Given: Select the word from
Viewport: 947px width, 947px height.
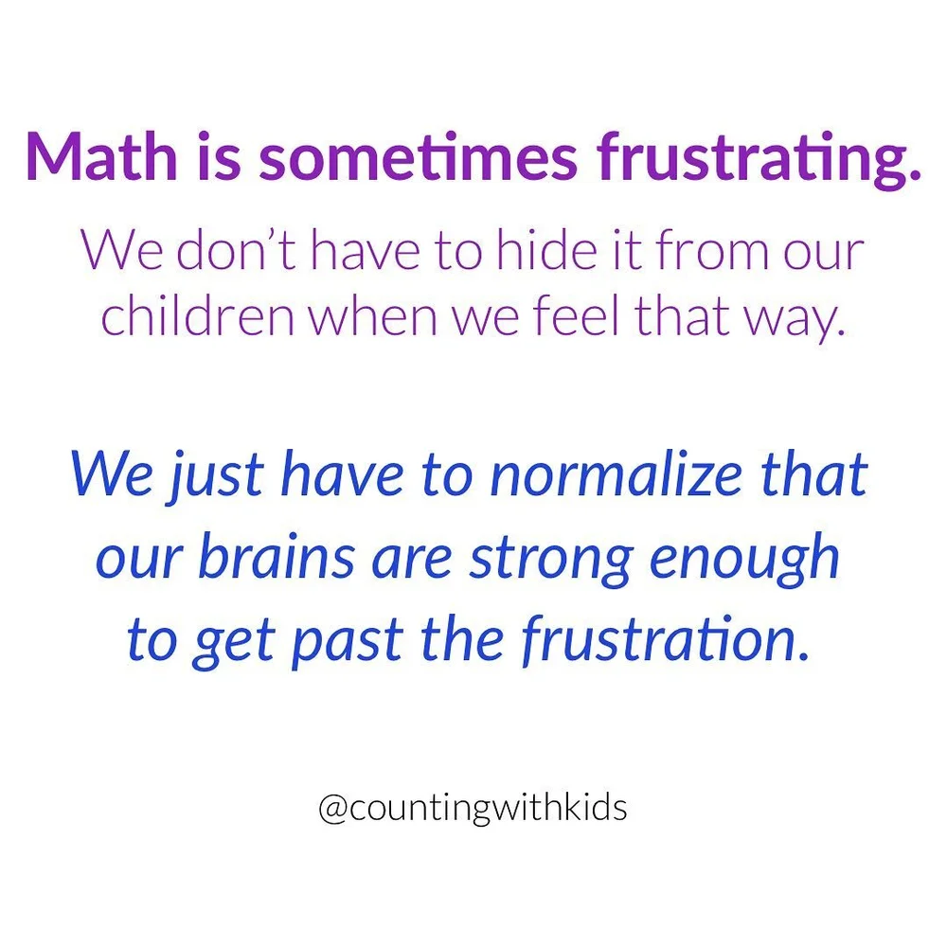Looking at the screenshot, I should click(679, 251).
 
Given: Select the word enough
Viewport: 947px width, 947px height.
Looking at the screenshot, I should click(744, 560).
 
